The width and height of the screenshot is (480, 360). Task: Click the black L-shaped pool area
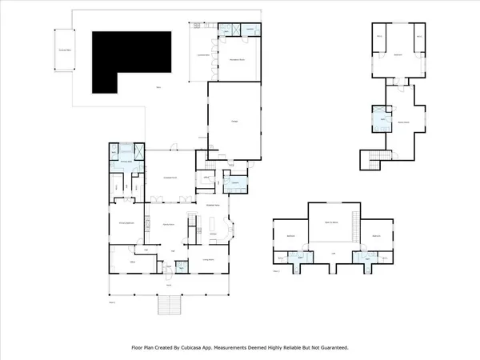pyautogui.click(x=128, y=60)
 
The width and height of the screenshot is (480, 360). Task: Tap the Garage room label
pyautogui.click(x=235, y=121)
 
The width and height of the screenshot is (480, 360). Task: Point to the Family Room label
pyautogui.click(x=169, y=225)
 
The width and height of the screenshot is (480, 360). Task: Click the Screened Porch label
pyautogui.click(x=170, y=177)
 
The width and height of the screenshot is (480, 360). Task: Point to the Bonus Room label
pyautogui.click(x=406, y=122)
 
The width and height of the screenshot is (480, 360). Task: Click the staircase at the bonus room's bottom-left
pyautogui.click(x=370, y=159)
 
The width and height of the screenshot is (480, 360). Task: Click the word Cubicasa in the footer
pyautogui.click(x=204, y=348)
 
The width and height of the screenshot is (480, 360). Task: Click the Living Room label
pyautogui.click(x=207, y=260)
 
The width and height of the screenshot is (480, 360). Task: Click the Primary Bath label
pyautogui.click(x=126, y=161)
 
